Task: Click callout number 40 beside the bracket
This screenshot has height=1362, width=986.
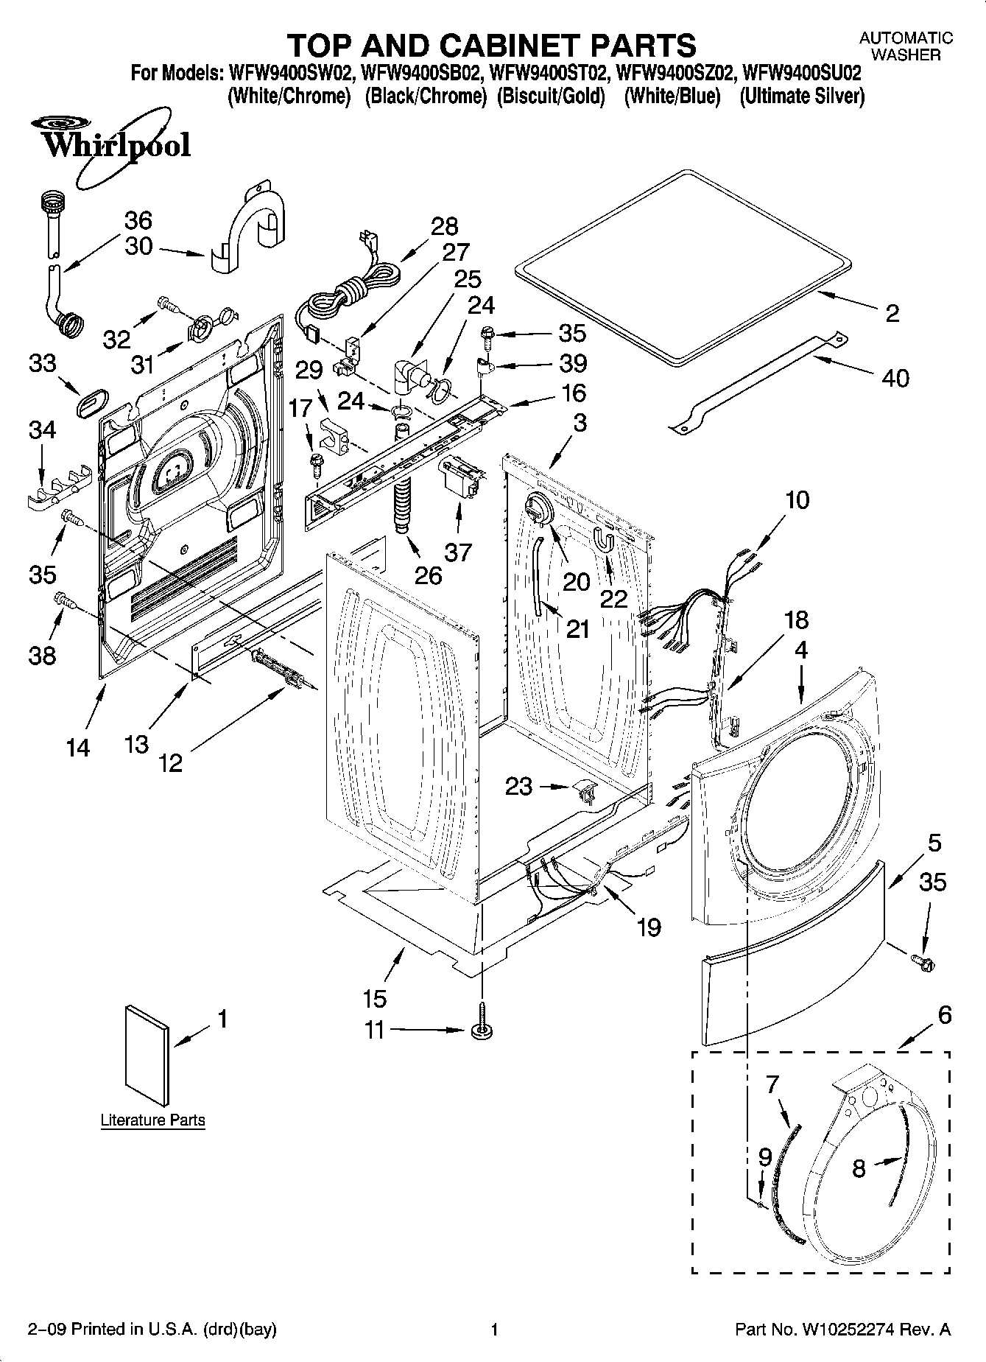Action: tap(895, 378)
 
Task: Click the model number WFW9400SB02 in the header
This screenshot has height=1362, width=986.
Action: tap(421, 74)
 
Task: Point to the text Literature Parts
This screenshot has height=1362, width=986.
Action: tap(152, 1120)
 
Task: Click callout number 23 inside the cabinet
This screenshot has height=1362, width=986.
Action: tap(518, 786)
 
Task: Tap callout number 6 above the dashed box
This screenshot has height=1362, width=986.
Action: tap(944, 1015)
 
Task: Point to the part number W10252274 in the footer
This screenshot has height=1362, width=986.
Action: tap(843, 1330)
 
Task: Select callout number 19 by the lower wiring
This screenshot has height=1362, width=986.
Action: tap(648, 926)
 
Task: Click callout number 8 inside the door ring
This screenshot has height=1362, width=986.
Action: tap(858, 1168)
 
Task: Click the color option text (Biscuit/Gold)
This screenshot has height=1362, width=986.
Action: tap(551, 96)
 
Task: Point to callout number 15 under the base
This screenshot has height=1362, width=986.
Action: tap(375, 998)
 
